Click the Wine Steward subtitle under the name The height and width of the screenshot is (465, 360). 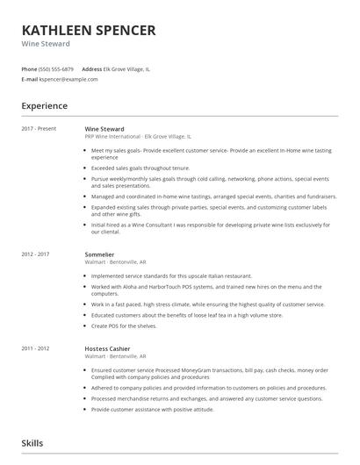point(46,44)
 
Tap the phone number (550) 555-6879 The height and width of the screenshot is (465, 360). point(56,68)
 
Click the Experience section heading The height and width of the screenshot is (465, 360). point(45,105)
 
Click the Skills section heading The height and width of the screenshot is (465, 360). point(32,444)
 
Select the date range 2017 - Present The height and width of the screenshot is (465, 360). point(39,129)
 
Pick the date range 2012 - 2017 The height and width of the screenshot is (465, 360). point(36,254)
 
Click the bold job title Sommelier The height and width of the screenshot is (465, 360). point(99,254)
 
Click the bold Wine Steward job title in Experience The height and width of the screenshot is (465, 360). point(104,129)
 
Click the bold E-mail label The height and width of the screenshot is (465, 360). point(30,79)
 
